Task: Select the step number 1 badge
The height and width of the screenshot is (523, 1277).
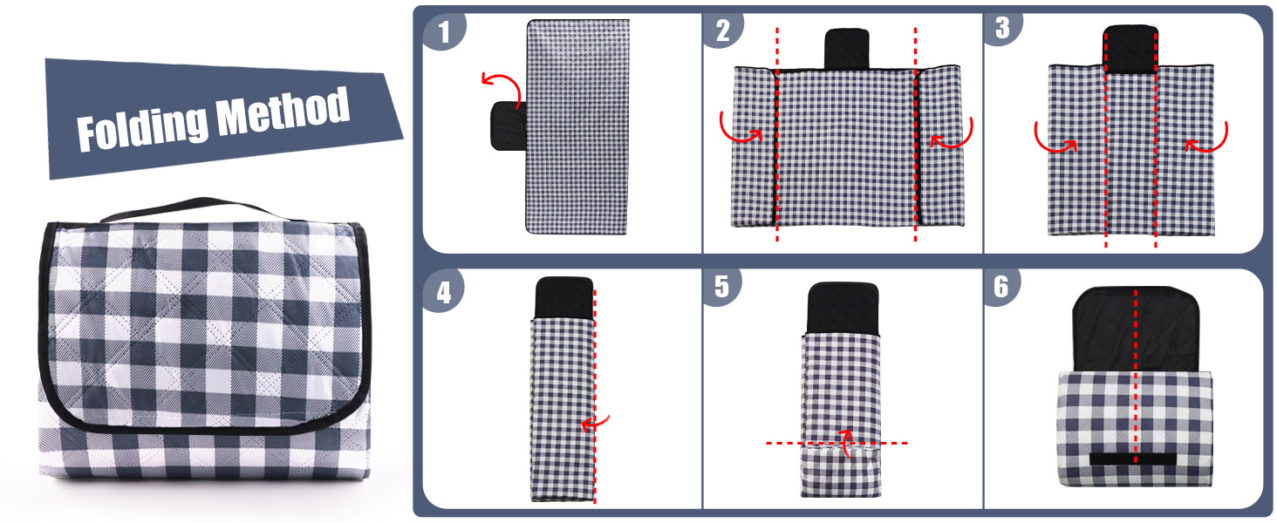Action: click(x=444, y=31)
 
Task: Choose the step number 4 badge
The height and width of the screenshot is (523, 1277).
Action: click(x=443, y=292)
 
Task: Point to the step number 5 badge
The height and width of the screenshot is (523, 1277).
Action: click(x=721, y=287)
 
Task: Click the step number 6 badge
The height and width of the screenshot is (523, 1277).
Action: click(x=1001, y=287)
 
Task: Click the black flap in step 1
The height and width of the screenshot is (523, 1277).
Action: click(x=509, y=126)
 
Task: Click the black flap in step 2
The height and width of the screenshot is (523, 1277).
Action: click(x=847, y=49)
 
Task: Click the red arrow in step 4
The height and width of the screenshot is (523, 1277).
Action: click(x=595, y=424)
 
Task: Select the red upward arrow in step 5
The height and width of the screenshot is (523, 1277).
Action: click(x=847, y=443)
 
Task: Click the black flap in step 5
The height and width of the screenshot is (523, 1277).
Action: click(x=843, y=308)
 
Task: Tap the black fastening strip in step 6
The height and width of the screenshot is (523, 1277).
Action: click(x=1133, y=458)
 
